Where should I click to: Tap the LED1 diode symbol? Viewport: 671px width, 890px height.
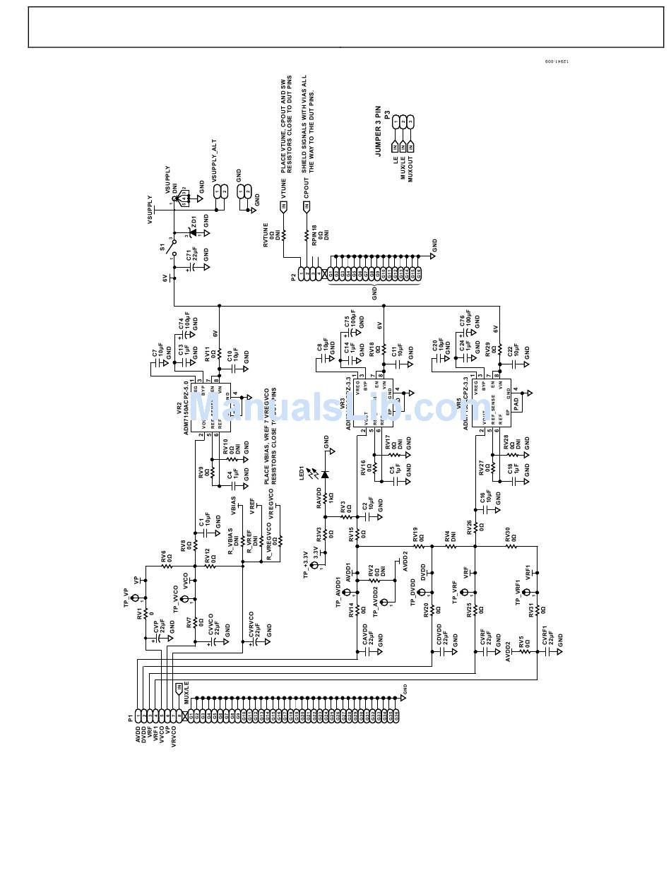(x=325, y=474)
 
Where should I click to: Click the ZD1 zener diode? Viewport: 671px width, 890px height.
(x=191, y=232)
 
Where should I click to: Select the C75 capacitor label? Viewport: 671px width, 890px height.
(x=347, y=323)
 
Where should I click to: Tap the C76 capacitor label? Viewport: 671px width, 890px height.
(x=462, y=323)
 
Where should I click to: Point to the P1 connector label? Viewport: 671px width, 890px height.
(x=131, y=718)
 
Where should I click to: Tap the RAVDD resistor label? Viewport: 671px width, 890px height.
(x=319, y=497)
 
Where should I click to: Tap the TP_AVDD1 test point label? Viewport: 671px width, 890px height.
(x=338, y=593)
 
